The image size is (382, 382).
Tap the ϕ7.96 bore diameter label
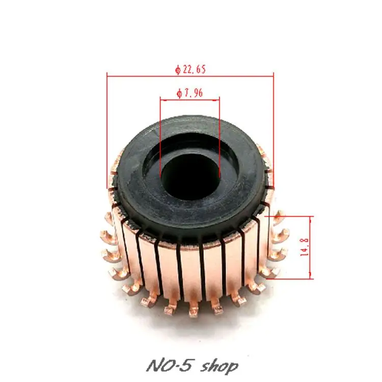(189, 94)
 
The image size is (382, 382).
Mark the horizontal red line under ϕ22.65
(190, 75)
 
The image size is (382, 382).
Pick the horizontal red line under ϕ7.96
(189, 99)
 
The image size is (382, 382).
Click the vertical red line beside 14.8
(310, 248)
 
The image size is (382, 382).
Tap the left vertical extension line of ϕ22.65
(107, 132)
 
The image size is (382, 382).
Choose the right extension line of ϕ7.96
(219, 138)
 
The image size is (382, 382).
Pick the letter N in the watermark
(151, 366)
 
